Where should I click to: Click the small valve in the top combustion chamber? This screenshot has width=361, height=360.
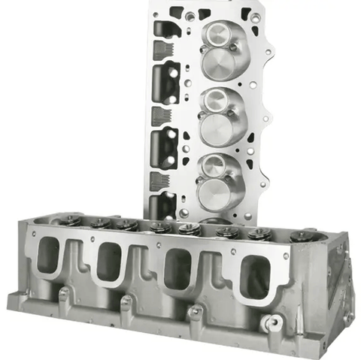click(218, 33)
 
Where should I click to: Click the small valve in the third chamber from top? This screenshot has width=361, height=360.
click(215, 163)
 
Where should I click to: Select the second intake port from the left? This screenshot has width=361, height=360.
click(110, 261)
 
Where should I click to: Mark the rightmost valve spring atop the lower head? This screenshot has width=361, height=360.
click(301, 236)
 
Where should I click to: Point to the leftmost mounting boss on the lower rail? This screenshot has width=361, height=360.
click(65, 294)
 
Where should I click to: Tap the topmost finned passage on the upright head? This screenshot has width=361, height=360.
click(160, 50)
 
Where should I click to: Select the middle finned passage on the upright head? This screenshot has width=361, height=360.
click(159, 116)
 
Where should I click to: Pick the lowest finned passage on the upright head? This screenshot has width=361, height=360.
click(159, 180)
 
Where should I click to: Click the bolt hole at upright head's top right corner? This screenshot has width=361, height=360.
click(256, 17)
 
